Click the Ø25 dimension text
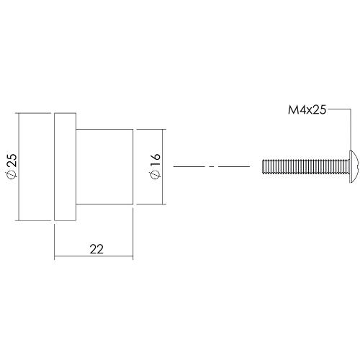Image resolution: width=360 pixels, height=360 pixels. (11, 166)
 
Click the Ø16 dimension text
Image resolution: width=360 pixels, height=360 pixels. (156, 166)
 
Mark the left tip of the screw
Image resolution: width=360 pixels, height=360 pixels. (263, 166)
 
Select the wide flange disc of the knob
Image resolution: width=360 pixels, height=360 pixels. (65, 166)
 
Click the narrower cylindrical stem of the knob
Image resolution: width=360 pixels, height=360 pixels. (105, 166)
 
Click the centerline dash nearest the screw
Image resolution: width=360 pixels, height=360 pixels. (233, 166)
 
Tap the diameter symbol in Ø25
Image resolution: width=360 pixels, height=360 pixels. (11, 176)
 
